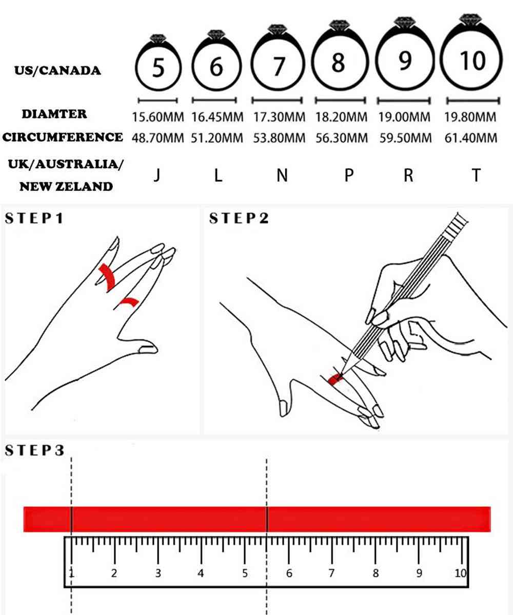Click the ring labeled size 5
point(158,67)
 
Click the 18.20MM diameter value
point(341,117)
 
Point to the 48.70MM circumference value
point(158,138)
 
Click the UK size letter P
point(348,176)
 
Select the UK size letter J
point(157,176)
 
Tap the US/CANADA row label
point(57,70)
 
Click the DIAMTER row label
point(54,114)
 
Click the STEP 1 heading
point(34,218)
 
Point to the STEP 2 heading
point(239,218)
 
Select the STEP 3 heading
point(34,450)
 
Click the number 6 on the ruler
point(289,573)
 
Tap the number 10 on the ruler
point(459,573)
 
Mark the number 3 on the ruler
point(158,573)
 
